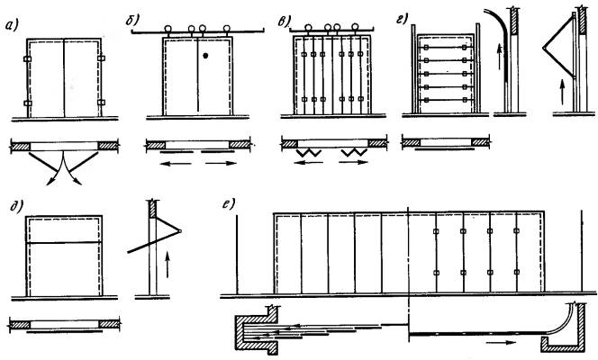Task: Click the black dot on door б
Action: click(207, 57)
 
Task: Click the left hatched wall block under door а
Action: click(20, 144)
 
